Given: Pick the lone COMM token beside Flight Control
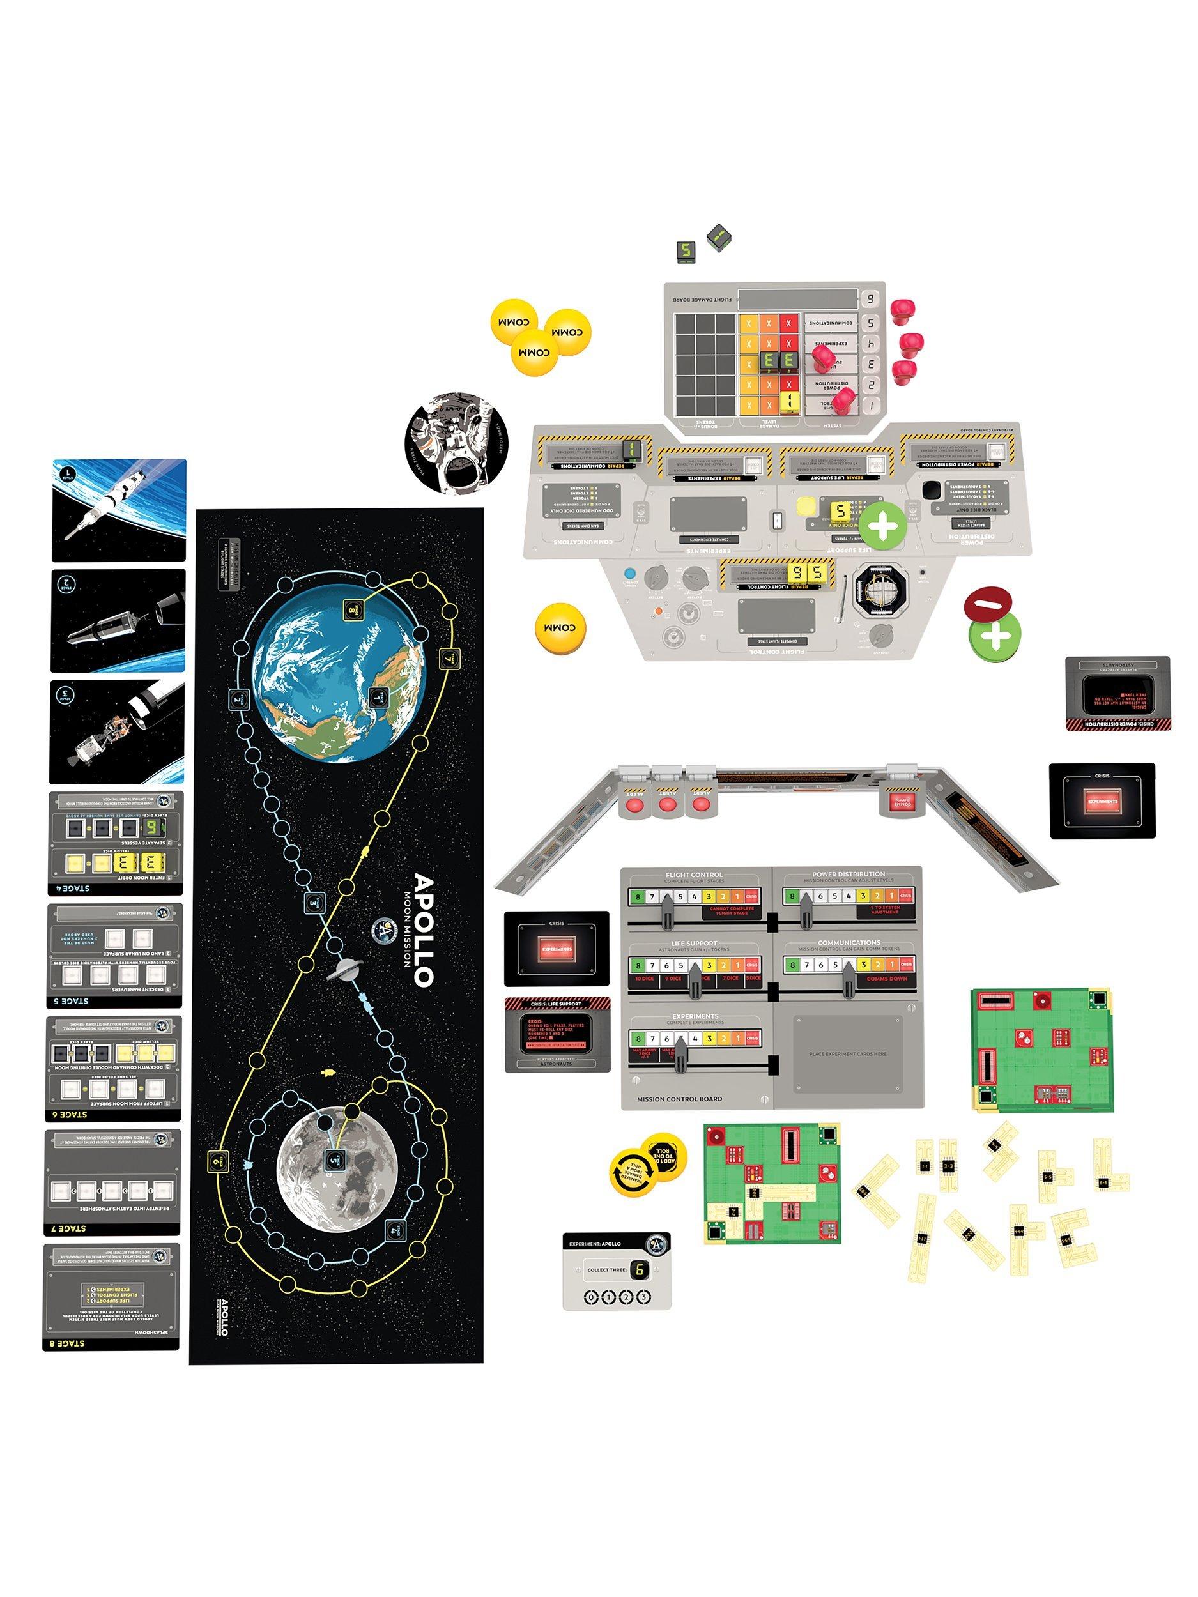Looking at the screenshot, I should [x=560, y=628].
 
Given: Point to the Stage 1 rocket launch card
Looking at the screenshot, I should [x=119, y=510].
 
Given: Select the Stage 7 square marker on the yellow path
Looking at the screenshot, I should [x=447, y=658].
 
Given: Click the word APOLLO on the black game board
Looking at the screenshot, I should [x=424, y=930].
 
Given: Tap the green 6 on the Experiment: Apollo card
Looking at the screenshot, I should [x=639, y=1269].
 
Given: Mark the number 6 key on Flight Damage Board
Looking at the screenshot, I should [x=870, y=298].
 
